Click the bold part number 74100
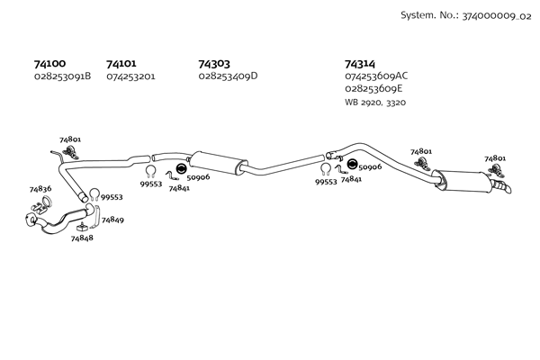tap(49, 64)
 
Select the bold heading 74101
tap(121, 64)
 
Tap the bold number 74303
tap(214, 64)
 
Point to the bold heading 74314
tap(360, 64)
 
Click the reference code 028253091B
tap(63, 76)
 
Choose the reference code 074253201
tap(130, 76)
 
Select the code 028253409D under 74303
tap(228, 76)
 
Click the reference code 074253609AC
tap(376, 76)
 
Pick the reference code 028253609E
tap(373, 89)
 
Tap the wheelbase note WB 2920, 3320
tap(375, 103)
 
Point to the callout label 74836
tap(40, 189)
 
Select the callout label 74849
tap(112, 220)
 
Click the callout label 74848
tap(82, 238)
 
